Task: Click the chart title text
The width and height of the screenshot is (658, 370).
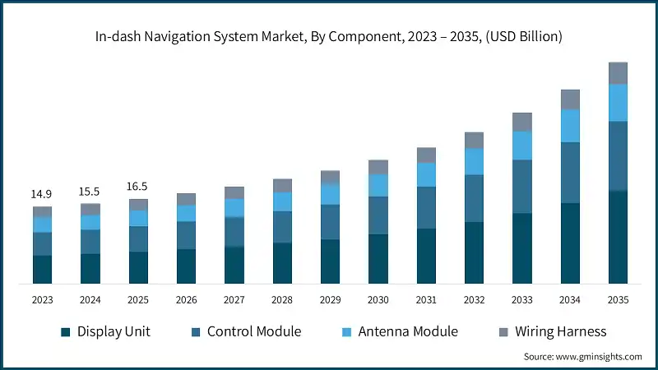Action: [329, 36]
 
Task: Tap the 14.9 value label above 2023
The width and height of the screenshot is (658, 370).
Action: [42, 194]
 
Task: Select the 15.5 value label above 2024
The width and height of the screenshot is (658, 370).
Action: [90, 191]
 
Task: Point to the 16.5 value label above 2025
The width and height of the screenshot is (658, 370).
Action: [137, 187]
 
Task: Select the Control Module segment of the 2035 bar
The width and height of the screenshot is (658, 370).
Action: [618, 156]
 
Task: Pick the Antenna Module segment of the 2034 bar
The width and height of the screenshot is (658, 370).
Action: [570, 126]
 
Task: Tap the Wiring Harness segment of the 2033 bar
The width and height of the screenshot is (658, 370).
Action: [522, 122]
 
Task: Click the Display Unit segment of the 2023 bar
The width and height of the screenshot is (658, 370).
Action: [42, 270]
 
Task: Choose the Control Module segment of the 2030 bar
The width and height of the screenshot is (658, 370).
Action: [378, 215]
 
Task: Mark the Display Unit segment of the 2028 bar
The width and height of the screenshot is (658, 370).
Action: [283, 263]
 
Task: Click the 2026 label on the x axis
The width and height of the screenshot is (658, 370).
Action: [186, 301]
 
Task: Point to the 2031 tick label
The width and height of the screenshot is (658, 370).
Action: [426, 301]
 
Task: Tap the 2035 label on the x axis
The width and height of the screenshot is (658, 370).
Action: [618, 301]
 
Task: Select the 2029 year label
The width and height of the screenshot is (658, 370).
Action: [331, 301]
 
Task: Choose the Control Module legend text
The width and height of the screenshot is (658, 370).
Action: [253, 332]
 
